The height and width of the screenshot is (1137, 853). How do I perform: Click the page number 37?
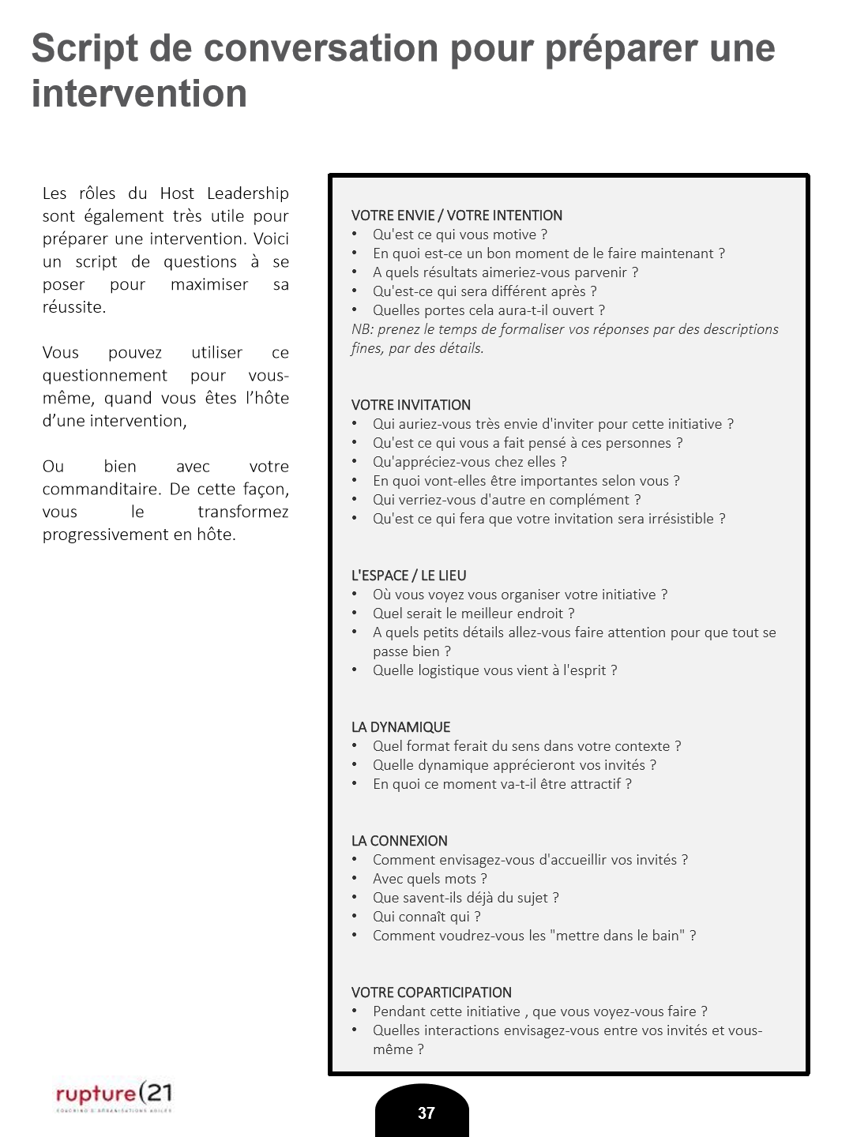click(426, 1113)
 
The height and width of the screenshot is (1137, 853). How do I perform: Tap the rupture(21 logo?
click(114, 1094)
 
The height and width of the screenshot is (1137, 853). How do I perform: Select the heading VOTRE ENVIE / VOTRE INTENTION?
click(457, 216)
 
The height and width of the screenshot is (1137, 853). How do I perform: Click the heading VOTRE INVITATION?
click(411, 405)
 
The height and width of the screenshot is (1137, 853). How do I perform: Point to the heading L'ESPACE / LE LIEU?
click(408, 576)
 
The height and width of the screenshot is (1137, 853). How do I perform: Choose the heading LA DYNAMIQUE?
click(400, 727)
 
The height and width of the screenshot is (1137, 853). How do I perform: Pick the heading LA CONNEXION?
click(399, 841)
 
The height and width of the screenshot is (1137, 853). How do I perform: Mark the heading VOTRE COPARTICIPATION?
click(431, 993)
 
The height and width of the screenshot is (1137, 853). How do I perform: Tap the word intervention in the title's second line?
click(139, 94)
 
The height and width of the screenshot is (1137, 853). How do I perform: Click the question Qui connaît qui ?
click(426, 917)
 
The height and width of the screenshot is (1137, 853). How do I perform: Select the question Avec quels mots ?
click(430, 879)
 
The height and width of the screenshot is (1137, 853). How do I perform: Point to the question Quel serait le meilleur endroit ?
click(473, 614)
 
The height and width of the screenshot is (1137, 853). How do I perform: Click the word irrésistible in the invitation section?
click(675, 519)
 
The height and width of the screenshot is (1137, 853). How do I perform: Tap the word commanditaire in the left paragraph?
click(103, 490)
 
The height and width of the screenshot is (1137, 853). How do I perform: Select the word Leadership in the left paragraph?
click(247, 193)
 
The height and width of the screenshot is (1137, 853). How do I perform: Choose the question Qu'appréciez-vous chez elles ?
click(469, 462)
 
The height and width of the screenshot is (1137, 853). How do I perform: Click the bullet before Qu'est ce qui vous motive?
click(355, 235)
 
